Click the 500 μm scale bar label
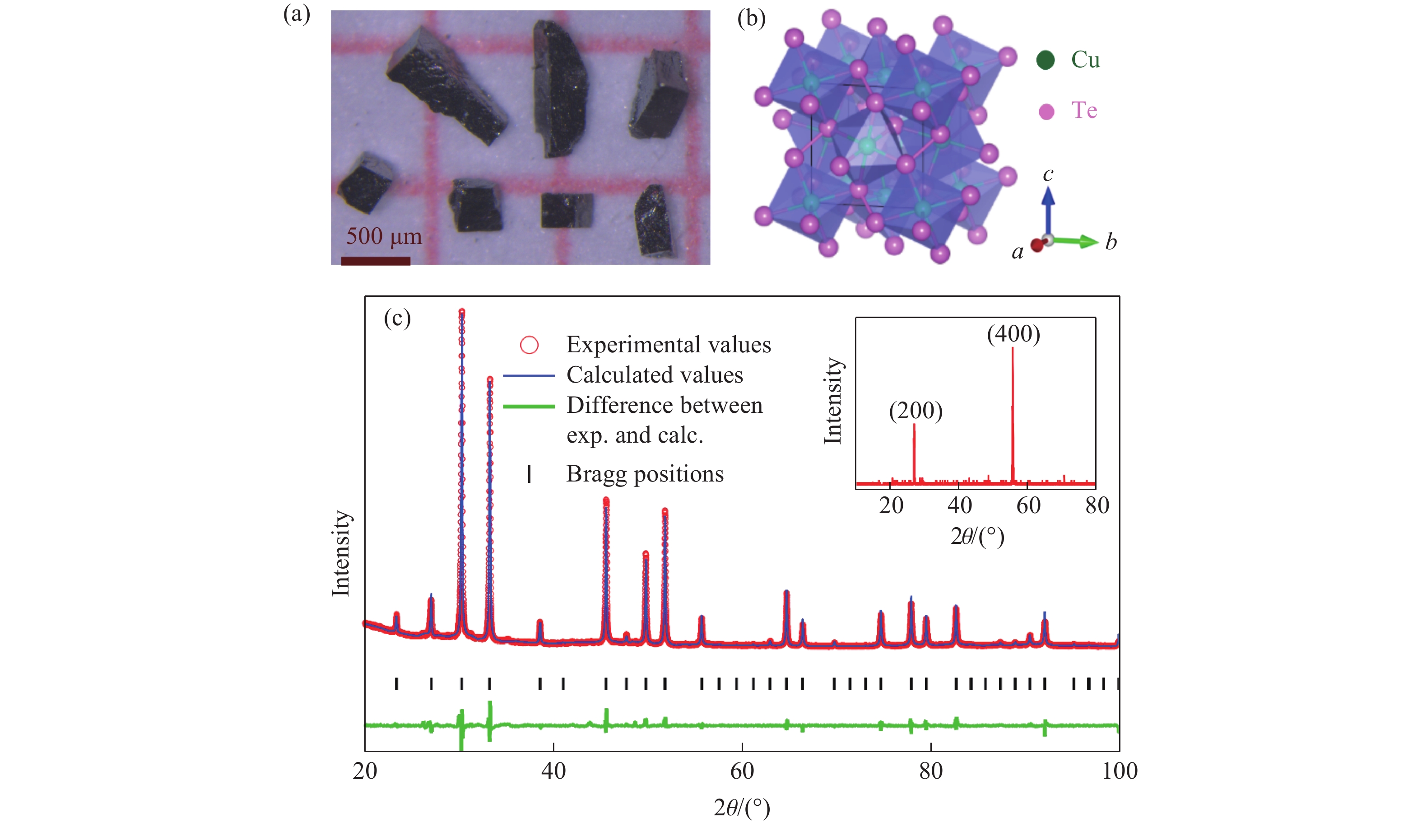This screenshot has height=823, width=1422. (384, 236)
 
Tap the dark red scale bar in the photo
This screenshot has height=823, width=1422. (375, 261)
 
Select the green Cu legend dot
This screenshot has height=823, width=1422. (1045, 60)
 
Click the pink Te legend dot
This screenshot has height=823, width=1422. (1046, 111)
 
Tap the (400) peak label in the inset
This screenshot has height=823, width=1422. (1013, 334)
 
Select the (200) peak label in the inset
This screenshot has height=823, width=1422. (915, 411)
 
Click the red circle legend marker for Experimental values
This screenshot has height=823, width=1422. (529, 345)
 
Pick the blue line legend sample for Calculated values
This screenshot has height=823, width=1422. (529, 375)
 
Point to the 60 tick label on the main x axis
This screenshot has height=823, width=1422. (741, 771)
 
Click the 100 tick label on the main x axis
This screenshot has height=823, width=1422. (1119, 771)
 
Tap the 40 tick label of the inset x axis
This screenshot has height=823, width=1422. (959, 505)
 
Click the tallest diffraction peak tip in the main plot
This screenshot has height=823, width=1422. (461, 311)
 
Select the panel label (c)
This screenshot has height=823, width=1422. (397, 318)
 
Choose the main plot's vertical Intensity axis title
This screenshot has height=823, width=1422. (341, 553)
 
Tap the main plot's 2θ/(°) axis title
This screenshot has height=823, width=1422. (741, 808)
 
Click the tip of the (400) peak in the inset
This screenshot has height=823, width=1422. (1012, 348)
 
